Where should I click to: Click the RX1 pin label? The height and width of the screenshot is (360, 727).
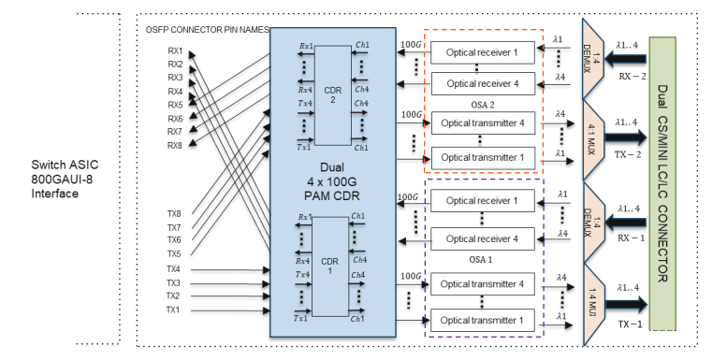pyautogui.click(x=175, y=51)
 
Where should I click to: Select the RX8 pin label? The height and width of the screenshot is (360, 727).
pyautogui.click(x=175, y=145)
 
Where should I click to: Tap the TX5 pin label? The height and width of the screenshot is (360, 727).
pyautogui.click(x=174, y=253)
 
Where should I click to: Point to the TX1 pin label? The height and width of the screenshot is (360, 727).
pyautogui.click(x=174, y=310)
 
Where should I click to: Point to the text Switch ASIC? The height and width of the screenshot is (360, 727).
pyautogui.click(x=63, y=166)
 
